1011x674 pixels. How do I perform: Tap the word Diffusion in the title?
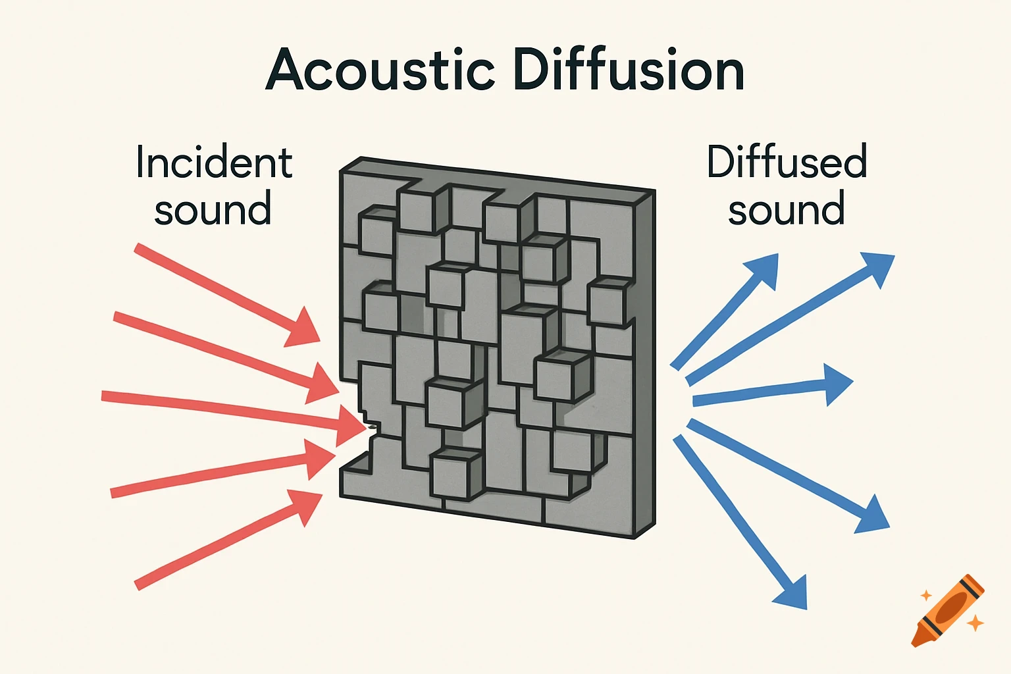point(629,70)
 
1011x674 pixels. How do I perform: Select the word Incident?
point(214,163)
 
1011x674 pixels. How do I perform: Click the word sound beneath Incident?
point(213,209)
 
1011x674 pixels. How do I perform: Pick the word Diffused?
point(787,163)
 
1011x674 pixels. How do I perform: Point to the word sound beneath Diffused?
point(786,209)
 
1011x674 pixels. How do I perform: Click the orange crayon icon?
point(948,610)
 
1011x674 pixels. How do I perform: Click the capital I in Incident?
point(140,163)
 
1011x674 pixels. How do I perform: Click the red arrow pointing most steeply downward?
point(224,293)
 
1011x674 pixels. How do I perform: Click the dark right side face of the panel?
point(644,362)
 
